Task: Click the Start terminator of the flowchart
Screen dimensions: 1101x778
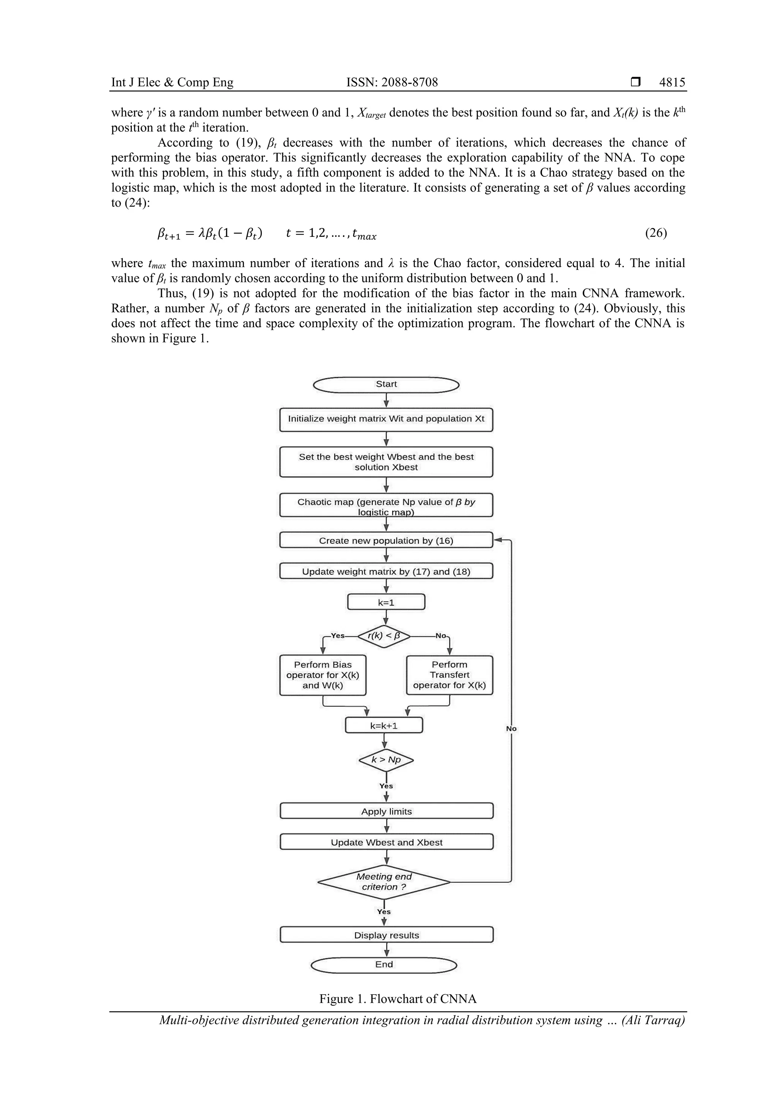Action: point(386,385)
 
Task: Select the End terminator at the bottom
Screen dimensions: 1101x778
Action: point(384,964)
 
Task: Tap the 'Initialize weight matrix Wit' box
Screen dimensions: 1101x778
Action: point(386,419)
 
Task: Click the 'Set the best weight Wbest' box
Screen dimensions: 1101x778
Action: point(386,462)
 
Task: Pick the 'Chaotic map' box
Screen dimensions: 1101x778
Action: point(386,505)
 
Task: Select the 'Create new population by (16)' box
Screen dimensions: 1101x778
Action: point(386,540)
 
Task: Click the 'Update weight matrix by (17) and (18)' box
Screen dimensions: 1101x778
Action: point(386,571)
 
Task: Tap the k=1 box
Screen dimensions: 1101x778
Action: point(386,602)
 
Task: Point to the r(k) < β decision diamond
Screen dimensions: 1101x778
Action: point(384,636)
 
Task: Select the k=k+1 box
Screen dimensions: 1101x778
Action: point(384,726)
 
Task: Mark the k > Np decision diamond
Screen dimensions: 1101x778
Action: point(386,760)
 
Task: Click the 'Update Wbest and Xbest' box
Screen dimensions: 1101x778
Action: point(386,842)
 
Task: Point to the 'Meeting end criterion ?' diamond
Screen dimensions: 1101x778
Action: point(384,881)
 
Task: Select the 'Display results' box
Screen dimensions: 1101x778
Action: point(386,935)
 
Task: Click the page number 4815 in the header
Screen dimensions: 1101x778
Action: point(672,82)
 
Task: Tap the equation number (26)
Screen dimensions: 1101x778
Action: point(656,233)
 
